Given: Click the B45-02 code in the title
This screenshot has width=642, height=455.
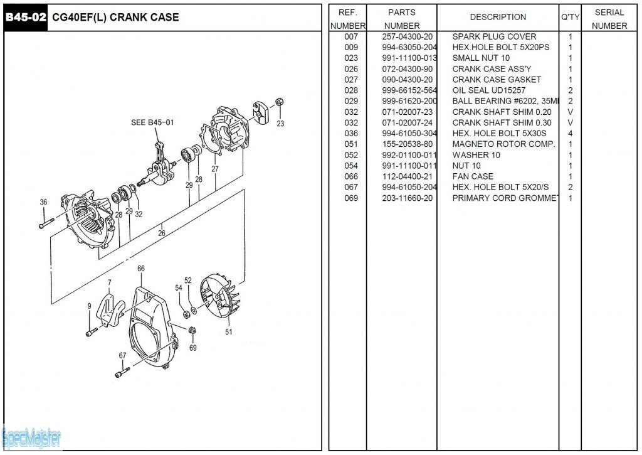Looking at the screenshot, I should [x=25, y=18].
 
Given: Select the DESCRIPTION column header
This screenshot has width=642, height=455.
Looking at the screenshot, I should [x=498, y=17].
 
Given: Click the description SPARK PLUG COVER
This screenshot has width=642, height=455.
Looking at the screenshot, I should [x=494, y=37].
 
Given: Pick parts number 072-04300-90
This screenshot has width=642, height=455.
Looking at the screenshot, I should [x=407, y=69].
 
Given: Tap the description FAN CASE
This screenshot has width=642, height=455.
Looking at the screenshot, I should [x=473, y=176].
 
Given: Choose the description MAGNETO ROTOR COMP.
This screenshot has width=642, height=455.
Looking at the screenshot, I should [x=503, y=144].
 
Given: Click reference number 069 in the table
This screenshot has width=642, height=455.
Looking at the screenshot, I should [x=351, y=198].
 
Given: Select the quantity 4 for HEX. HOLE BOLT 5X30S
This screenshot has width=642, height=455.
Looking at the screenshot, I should [x=570, y=134].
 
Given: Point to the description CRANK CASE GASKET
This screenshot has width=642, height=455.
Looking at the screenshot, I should [x=497, y=80].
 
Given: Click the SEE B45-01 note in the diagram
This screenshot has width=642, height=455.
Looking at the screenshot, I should [x=152, y=122].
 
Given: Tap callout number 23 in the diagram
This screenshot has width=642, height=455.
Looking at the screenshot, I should [x=280, y=124].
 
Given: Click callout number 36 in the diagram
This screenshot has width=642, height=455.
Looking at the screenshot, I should [x=43, y=202].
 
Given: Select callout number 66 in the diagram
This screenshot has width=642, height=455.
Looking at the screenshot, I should [x=141, y=269].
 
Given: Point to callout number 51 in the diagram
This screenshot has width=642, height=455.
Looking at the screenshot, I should [x=229, y=332].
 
